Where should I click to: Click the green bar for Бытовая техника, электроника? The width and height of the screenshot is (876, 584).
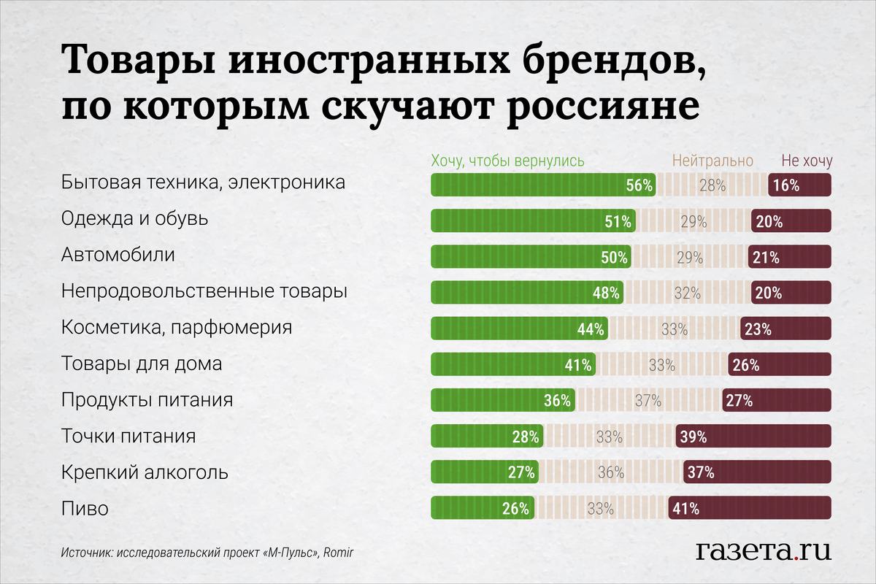click(x=542, y=185)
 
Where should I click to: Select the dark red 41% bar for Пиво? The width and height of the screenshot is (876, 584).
click(x=750, y=508)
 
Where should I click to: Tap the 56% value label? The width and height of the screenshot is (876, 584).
click(x=639, y=185)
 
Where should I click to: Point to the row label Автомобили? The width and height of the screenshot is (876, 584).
click(x=118, y=255)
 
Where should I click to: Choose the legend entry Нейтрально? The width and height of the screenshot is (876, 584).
click(x=712, y=161)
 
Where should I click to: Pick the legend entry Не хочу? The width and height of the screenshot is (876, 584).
click(x=807, y=161)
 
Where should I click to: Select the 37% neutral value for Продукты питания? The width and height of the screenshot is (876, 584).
click(x=648, y=401)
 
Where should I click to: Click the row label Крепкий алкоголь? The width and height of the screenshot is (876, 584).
click(x=145, y=472)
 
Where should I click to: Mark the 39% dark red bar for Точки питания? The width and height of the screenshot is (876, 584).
click(x=753, y=437)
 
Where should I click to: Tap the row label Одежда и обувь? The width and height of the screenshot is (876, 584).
click(x=135, y=219)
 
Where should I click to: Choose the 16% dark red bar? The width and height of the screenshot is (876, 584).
click(x=799, y=185)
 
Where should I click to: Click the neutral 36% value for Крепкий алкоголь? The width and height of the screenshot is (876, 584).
click(x=610, y=472)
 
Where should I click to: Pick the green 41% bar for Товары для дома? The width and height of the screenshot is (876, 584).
click(x=512, y=364)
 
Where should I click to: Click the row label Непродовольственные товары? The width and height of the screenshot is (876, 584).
click(x=204, y=292)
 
